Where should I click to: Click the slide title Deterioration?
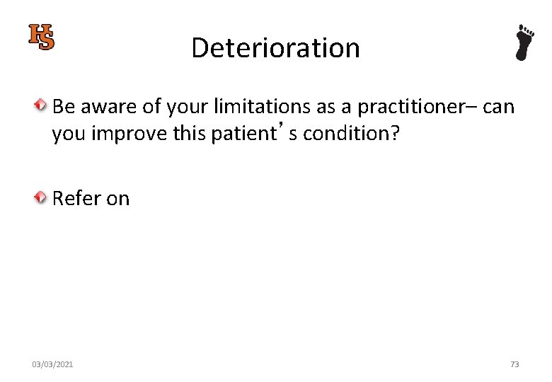[275, 48]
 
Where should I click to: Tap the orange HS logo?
[41, 37]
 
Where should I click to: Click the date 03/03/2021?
[52, 364]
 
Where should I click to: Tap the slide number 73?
[514, 364]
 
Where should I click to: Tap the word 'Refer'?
[77, 199]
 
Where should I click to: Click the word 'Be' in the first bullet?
[63, 107]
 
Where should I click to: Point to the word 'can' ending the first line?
[498, 107]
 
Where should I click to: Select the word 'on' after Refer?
[118, 199]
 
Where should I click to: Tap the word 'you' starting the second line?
[68, 134]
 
